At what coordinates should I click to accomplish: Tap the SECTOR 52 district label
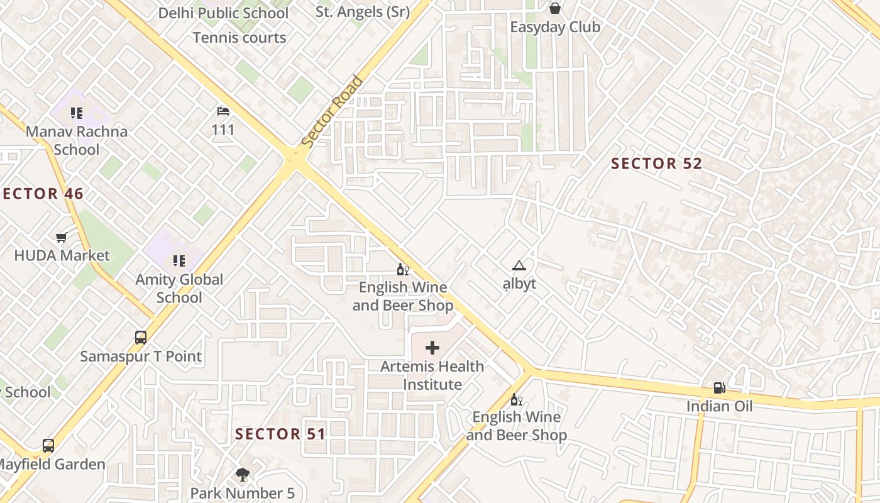656,163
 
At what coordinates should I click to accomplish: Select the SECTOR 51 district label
280,434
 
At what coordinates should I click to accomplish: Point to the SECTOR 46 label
43,194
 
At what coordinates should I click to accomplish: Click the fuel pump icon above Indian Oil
719,389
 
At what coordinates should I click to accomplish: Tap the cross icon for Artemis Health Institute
432,348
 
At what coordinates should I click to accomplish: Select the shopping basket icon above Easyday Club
555,8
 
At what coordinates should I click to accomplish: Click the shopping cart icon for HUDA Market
61,237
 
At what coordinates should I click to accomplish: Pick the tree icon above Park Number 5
242,475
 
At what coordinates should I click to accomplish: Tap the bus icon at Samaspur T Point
141,338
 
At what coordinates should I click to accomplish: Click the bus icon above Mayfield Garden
48,446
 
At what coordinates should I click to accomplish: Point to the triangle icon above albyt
519,265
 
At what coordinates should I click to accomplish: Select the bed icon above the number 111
223,111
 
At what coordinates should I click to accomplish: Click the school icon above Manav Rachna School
77,113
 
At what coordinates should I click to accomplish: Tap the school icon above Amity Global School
179,260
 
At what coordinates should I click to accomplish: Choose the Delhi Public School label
223,13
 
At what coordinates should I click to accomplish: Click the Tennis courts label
239,38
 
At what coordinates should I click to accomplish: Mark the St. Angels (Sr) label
363,11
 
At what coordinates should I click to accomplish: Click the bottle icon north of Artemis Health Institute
403,270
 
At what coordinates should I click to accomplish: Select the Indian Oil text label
719,406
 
